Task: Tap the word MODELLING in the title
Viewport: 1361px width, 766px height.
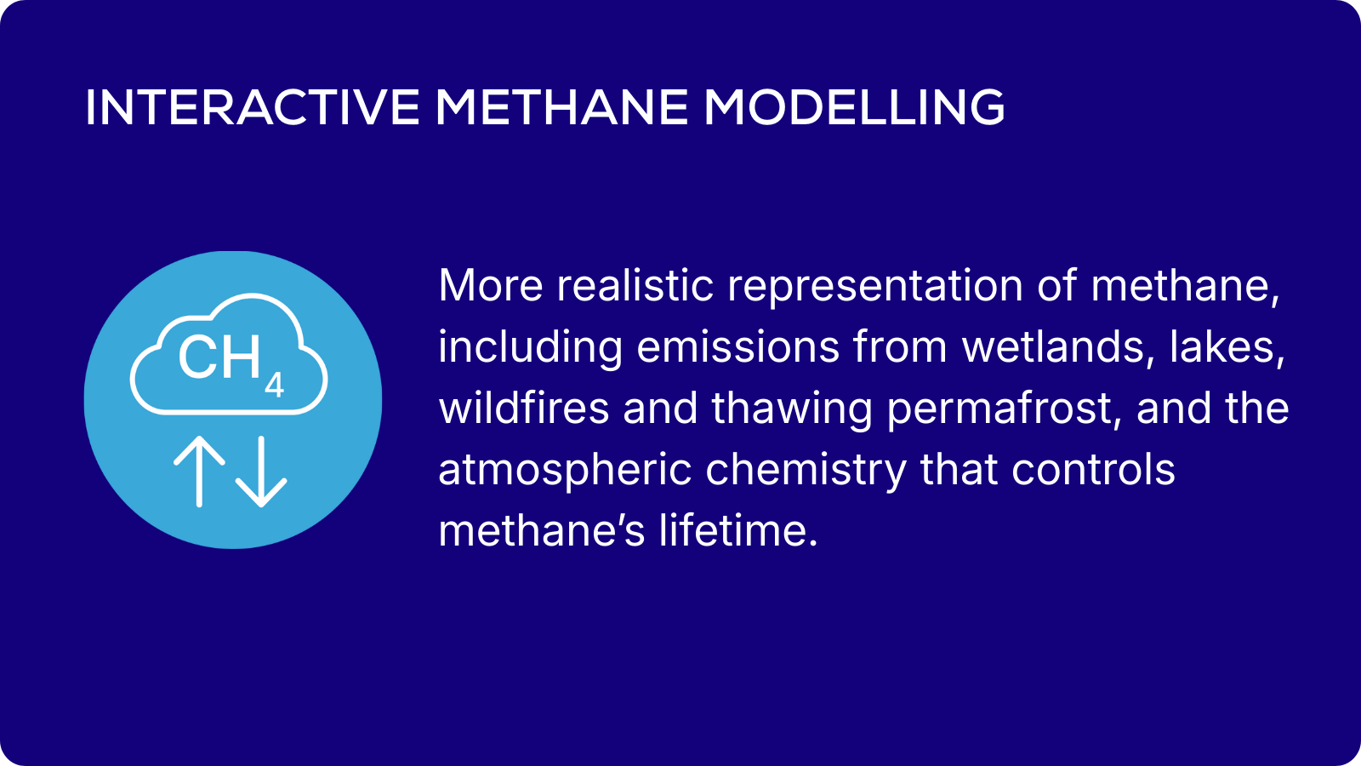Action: click(x=854, y=107)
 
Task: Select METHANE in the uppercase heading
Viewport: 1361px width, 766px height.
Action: click(x=562, y=107)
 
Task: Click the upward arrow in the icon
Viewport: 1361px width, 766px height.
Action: click(x=199, y=472)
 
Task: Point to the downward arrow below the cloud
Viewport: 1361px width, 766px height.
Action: click(x=261, y=472)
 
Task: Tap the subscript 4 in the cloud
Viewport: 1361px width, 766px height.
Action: click(x=274, y=386)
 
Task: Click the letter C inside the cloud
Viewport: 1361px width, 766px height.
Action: click(x=196, y=357)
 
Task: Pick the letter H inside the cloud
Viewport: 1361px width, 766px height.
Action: click(x=241, y=357)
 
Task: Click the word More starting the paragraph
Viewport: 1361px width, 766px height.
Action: click(x=490, y=285)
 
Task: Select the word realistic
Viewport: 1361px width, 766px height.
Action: click(x=635, y=285)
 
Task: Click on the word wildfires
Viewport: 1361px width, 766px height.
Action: click(x=524, y=408)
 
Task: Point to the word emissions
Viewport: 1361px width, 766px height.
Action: click(x=737, y=347)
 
